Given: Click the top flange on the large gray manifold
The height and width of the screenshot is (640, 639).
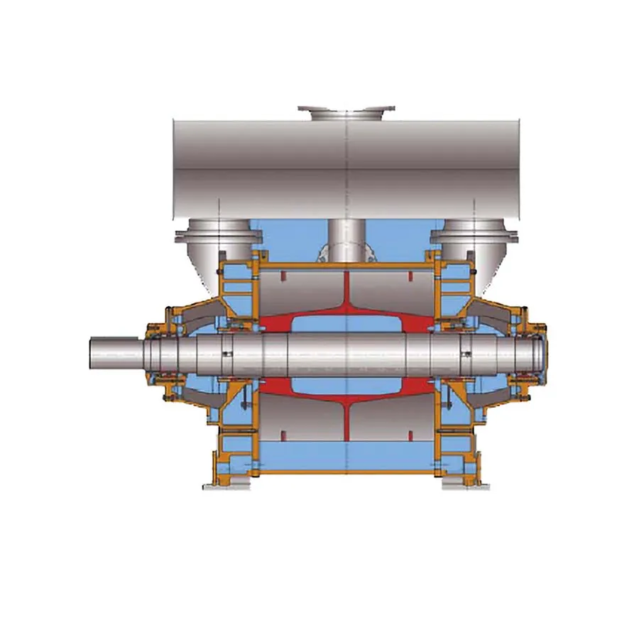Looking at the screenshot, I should pyautogui.click(x=346, y=112).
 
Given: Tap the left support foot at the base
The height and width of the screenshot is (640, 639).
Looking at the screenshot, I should pyautogui.click(x=226, y=484).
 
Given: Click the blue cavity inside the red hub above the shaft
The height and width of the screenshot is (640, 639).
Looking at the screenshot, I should pyautogui.click(x=345, y=323).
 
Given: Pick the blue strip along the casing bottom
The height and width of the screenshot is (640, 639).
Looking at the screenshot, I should pyautogui.click(x=346, y=455).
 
